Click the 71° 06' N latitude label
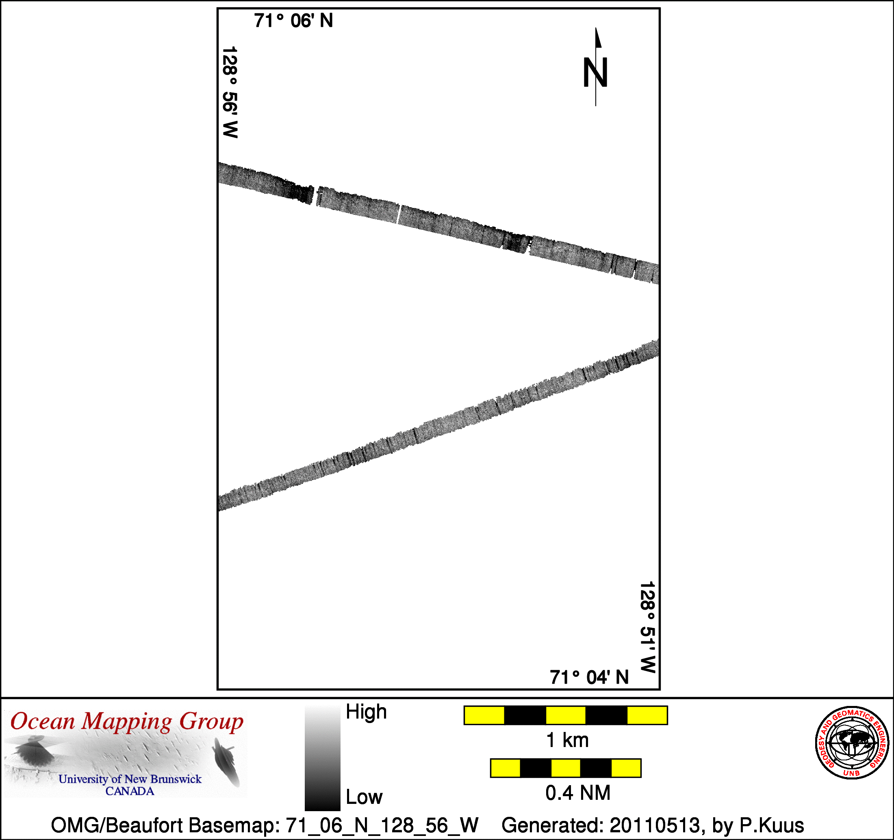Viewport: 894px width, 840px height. click(x=293, y=21)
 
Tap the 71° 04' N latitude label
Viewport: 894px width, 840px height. click(x=589, y=677)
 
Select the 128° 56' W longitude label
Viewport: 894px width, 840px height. click(x=230, y=92)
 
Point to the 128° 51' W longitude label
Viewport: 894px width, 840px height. click(x=648, y=627)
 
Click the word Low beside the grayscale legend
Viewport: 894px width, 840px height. click(x=364, y=797)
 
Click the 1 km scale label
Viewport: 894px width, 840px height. click(x=567, y=740)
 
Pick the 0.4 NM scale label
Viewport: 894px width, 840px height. click(x=578, y=793)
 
